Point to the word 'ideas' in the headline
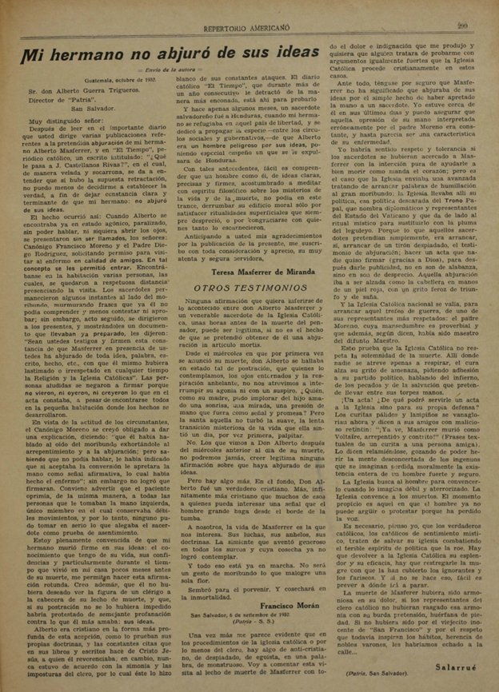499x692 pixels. point(283,56)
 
